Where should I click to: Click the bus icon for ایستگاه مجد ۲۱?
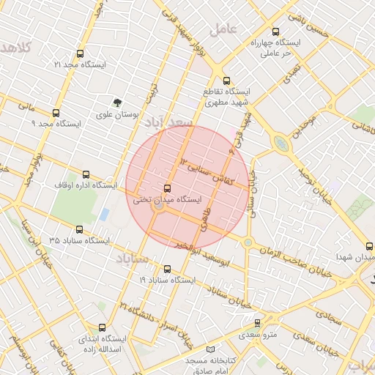tap(79, 53)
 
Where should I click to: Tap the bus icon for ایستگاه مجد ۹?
tap(56, 113)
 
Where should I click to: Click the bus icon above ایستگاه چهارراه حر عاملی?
tap(275, 31)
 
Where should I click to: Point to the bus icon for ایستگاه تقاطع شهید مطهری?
tap(226, 81)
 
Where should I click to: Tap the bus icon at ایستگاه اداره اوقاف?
tap(86, 174)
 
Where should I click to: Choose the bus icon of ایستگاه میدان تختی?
tap(168, 187)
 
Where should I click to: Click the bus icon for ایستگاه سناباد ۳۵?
tap(80, 229)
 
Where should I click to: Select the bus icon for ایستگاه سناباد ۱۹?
tap(167, 269)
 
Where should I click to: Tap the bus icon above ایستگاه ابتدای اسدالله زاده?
tap(102, 327)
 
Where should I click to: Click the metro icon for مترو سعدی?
tap(257, 323)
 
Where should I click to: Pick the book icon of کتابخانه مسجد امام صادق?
tap(212, 350)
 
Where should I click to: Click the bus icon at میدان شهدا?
tap(369, 246)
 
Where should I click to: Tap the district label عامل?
tap(223, 29)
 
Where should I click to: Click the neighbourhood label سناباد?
tap(132, 259)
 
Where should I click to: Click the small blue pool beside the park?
tap(104, 215)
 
